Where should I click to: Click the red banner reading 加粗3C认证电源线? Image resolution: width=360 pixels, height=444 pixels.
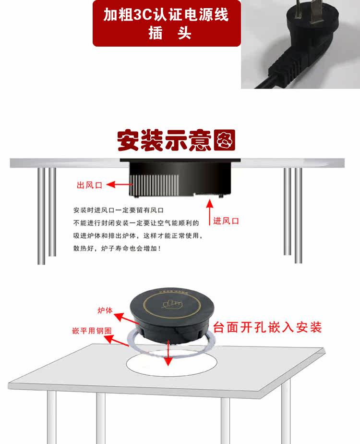(167, 23)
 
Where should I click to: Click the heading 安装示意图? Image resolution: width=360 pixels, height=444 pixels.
(176, 140)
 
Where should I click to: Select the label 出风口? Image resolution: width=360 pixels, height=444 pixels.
(89, 185)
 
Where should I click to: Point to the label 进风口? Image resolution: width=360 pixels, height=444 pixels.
(226, 221)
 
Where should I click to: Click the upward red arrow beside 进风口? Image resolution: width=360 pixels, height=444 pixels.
(209, 212)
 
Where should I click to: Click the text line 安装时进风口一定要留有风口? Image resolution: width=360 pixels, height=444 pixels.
(119, 210)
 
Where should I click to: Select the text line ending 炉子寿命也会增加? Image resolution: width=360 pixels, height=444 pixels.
(117, 248)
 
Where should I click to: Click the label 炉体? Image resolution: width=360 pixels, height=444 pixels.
(105, 310)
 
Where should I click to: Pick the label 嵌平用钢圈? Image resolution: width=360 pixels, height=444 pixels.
(92, 331)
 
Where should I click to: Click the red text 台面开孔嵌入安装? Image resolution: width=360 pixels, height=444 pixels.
(267, 327)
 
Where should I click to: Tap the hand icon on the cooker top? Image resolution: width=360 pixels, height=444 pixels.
(172, 305)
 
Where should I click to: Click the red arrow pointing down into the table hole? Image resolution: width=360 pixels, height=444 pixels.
(168, 353)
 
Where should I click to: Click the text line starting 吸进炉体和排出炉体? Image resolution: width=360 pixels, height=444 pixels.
(138, 235)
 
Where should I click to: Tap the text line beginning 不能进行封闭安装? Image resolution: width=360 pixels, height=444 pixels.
(136, 223)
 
